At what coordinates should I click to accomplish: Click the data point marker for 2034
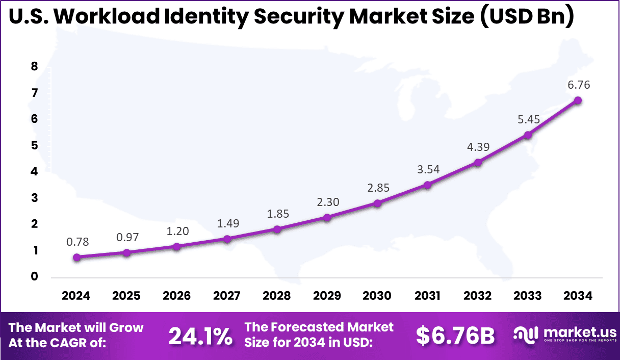[x=578, y=100]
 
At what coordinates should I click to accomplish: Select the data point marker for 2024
[x=76, y=258]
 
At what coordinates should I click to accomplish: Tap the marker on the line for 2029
[x=327, y=218]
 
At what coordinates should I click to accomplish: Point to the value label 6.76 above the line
[x=579, y=85]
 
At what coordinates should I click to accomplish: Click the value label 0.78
[x=77, y=242]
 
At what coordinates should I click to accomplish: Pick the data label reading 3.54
[x=427, y=169]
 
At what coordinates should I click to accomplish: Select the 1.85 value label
[x=277, y=214]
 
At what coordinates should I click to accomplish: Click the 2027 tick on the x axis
[x=227, y=296]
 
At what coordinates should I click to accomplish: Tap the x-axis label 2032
[x=478, y=296]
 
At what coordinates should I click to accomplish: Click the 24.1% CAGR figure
[x=200, y=336]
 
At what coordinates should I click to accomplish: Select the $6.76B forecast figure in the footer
[x=455, y=336]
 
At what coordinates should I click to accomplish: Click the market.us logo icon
[x=525, y=335]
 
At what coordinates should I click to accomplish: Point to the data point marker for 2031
[x=427, y=185]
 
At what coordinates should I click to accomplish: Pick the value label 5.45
[x=528, y=120]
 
